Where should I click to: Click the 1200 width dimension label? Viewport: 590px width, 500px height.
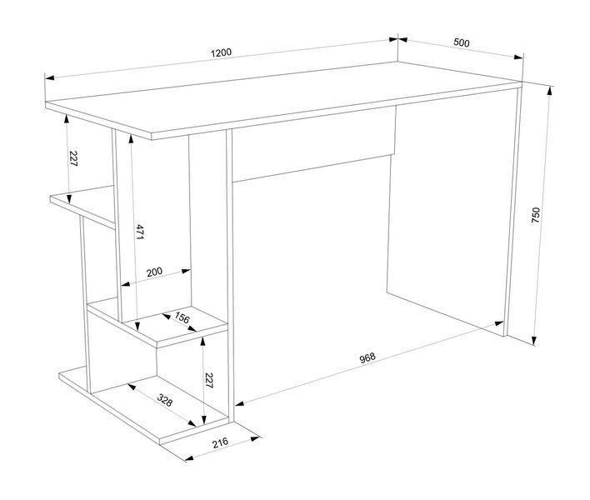[222, 52]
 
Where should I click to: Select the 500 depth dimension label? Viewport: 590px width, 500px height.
[462, 42]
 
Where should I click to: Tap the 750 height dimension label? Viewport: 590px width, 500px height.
[536, 215]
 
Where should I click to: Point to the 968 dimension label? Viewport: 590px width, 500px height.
[367, 357]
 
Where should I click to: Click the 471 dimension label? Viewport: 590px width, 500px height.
[140, 232]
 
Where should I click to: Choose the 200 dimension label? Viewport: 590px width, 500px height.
[154, 272]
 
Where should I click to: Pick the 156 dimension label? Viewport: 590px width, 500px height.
[182, 318]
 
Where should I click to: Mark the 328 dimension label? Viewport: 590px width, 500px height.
[164, 400]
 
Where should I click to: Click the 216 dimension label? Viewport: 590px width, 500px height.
[220, 442]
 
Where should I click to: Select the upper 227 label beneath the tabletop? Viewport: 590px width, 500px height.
[73, 159]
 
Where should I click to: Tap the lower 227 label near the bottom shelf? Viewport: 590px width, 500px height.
[209, 380]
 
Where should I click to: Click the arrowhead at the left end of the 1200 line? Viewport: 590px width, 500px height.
[49, 77]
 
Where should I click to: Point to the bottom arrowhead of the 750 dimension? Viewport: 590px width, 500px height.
[533, 341]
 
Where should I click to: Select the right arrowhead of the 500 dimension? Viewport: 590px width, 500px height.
[518, 57]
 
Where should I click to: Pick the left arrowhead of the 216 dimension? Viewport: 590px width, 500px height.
[189, 458]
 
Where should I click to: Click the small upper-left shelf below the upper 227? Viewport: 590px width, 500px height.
[82, 206]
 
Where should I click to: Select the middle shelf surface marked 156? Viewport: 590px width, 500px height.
[158, 322]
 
